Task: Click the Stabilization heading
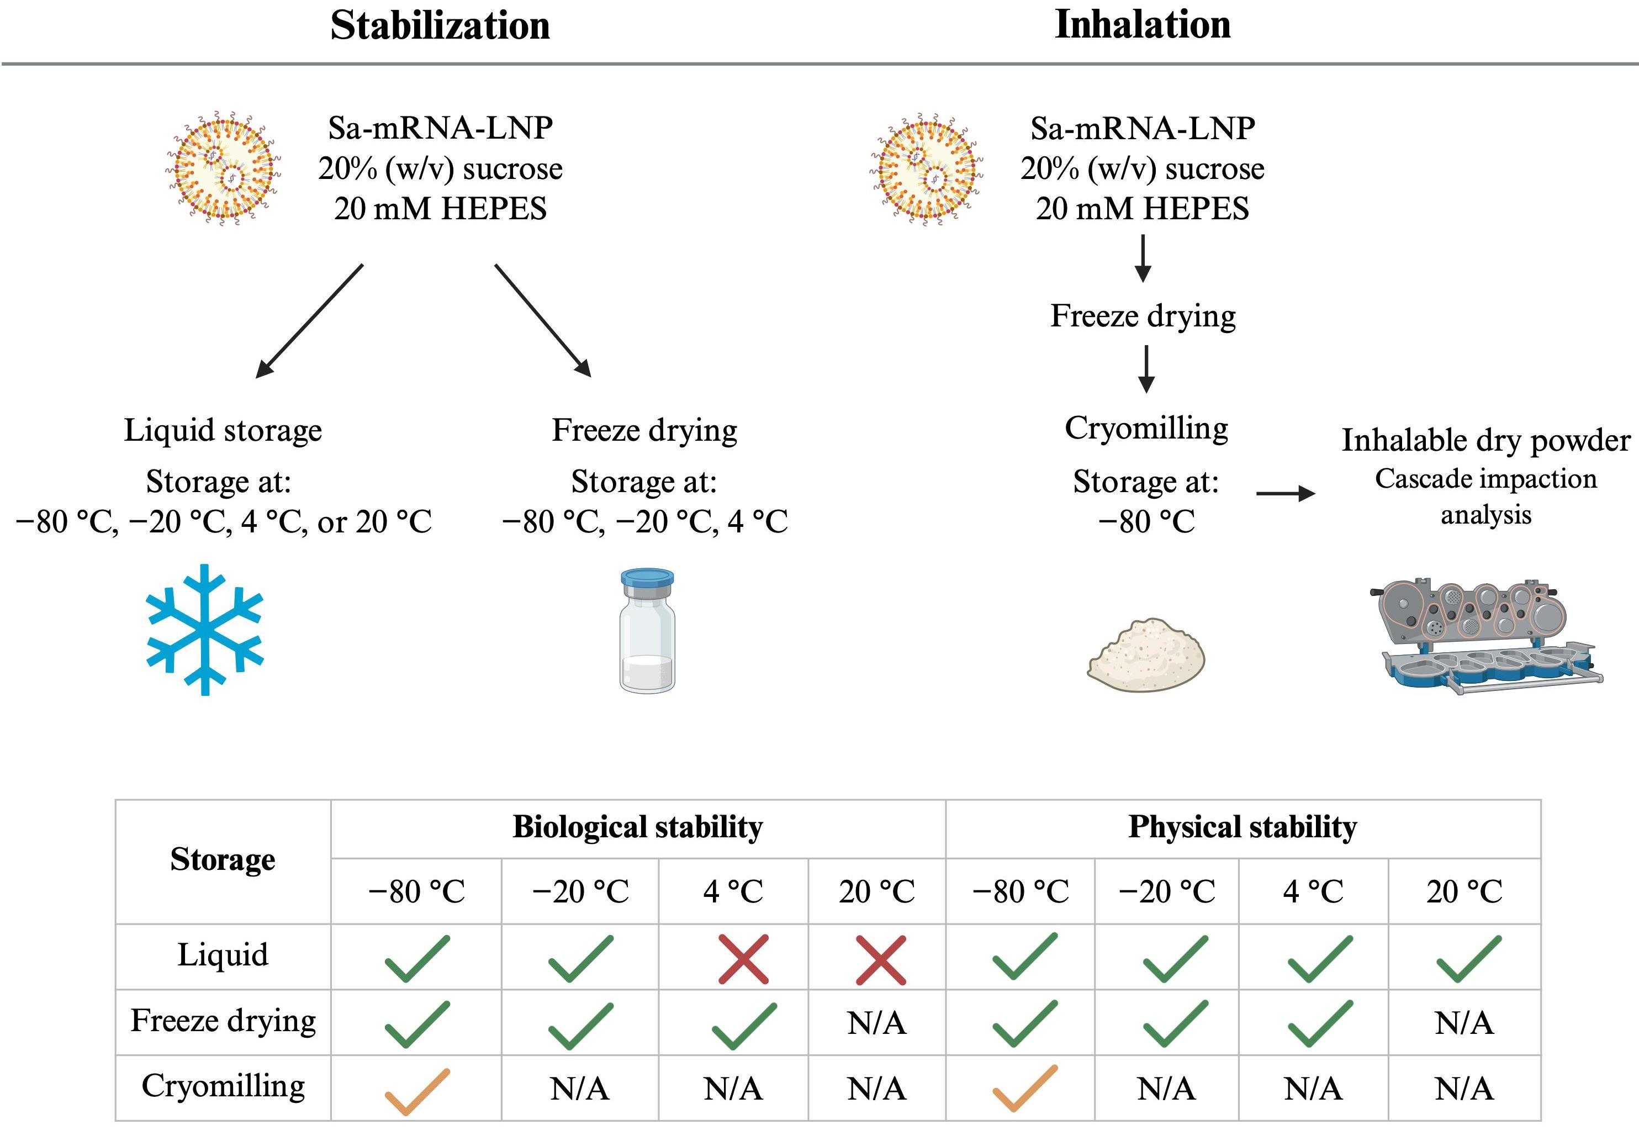pyautogui.click(x=440, y=26)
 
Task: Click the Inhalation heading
pyautogui.click(x=1142, y=25)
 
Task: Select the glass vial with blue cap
pyautogui.click(x=647, y=630)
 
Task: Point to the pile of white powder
pyautogui.click(x=1145, y=655)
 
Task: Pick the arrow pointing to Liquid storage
pyautogui.click(x=309, y=321)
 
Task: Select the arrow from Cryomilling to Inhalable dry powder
pyautogui.click(x=1285, y=494)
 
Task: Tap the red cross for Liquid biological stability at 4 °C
pyautogui.click(x=743, y=959)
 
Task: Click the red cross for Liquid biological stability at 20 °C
pyautogui.click(x=880, y=959)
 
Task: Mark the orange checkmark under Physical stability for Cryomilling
pyautogui.click(x=1024, y=1089)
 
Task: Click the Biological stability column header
pyautogui.click(x=637, y=827)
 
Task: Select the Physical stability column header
pyautogui.click(x=1243, y=827)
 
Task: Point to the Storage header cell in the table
pyautogui.click(x=223, y=859)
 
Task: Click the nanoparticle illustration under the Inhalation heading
pyautogui.click(x=926, y=168)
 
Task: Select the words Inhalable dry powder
pyautogui.click(x=1485, y=440)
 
